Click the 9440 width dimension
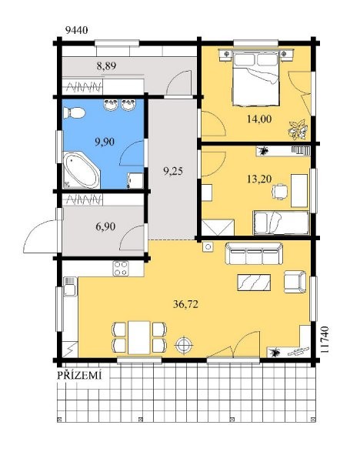click(x=76, y=30)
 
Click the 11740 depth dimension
click(x=324, y=340)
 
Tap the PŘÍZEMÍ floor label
click(x=79, y=375)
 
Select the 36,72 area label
click(x=185, y=304)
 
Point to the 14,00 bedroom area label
click(x=259, y=119)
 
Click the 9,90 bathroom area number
click(x=105, y=142)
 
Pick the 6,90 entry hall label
click(x=105, y=226)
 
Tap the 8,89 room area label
click(x=106, y=65)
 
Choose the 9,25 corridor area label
click(x=173, y=171)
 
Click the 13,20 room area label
click(x=259, y=179)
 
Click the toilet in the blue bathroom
click(x=74, y=113)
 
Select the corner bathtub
click(x=82, y=170)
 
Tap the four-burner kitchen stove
click(x=121, y=269)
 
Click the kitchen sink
click(x=70, y=286)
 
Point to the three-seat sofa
click(x=254, y=253)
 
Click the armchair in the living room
click(x=295, y=282)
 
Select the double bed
click(x=255, y=79)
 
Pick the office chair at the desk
click(x=279, y=192)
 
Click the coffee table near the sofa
click(x=254, y=283)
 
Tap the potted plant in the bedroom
click(x=297, y=129)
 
